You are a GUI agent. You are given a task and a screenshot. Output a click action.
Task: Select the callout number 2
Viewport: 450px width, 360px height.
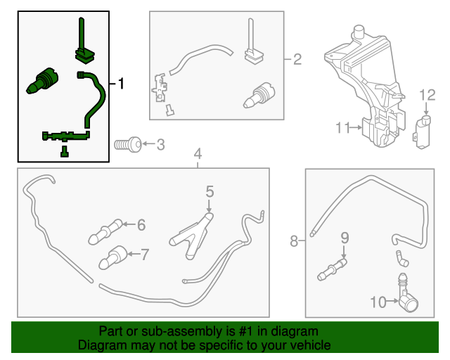coord(297,60)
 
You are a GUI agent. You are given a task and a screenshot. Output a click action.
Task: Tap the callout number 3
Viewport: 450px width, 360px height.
coord(160,146)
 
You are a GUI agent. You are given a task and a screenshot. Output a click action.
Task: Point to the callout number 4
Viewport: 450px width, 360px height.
coord(198,153)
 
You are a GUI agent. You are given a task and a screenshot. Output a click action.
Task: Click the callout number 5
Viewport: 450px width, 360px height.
coord(210,191)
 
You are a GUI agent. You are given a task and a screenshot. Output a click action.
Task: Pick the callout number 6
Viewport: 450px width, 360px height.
coord(141,225)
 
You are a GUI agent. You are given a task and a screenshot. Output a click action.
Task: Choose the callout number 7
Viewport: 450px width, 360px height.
coord(145,254)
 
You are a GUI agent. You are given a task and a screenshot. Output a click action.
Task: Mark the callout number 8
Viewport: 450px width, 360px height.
coord(294,242)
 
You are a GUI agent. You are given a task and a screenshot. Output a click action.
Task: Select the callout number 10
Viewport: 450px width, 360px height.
coord(377,302)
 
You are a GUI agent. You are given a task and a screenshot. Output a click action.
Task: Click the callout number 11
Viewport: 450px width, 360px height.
coord(342,128)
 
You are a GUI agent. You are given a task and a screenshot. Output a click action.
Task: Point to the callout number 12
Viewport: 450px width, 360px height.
coord(428,95)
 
